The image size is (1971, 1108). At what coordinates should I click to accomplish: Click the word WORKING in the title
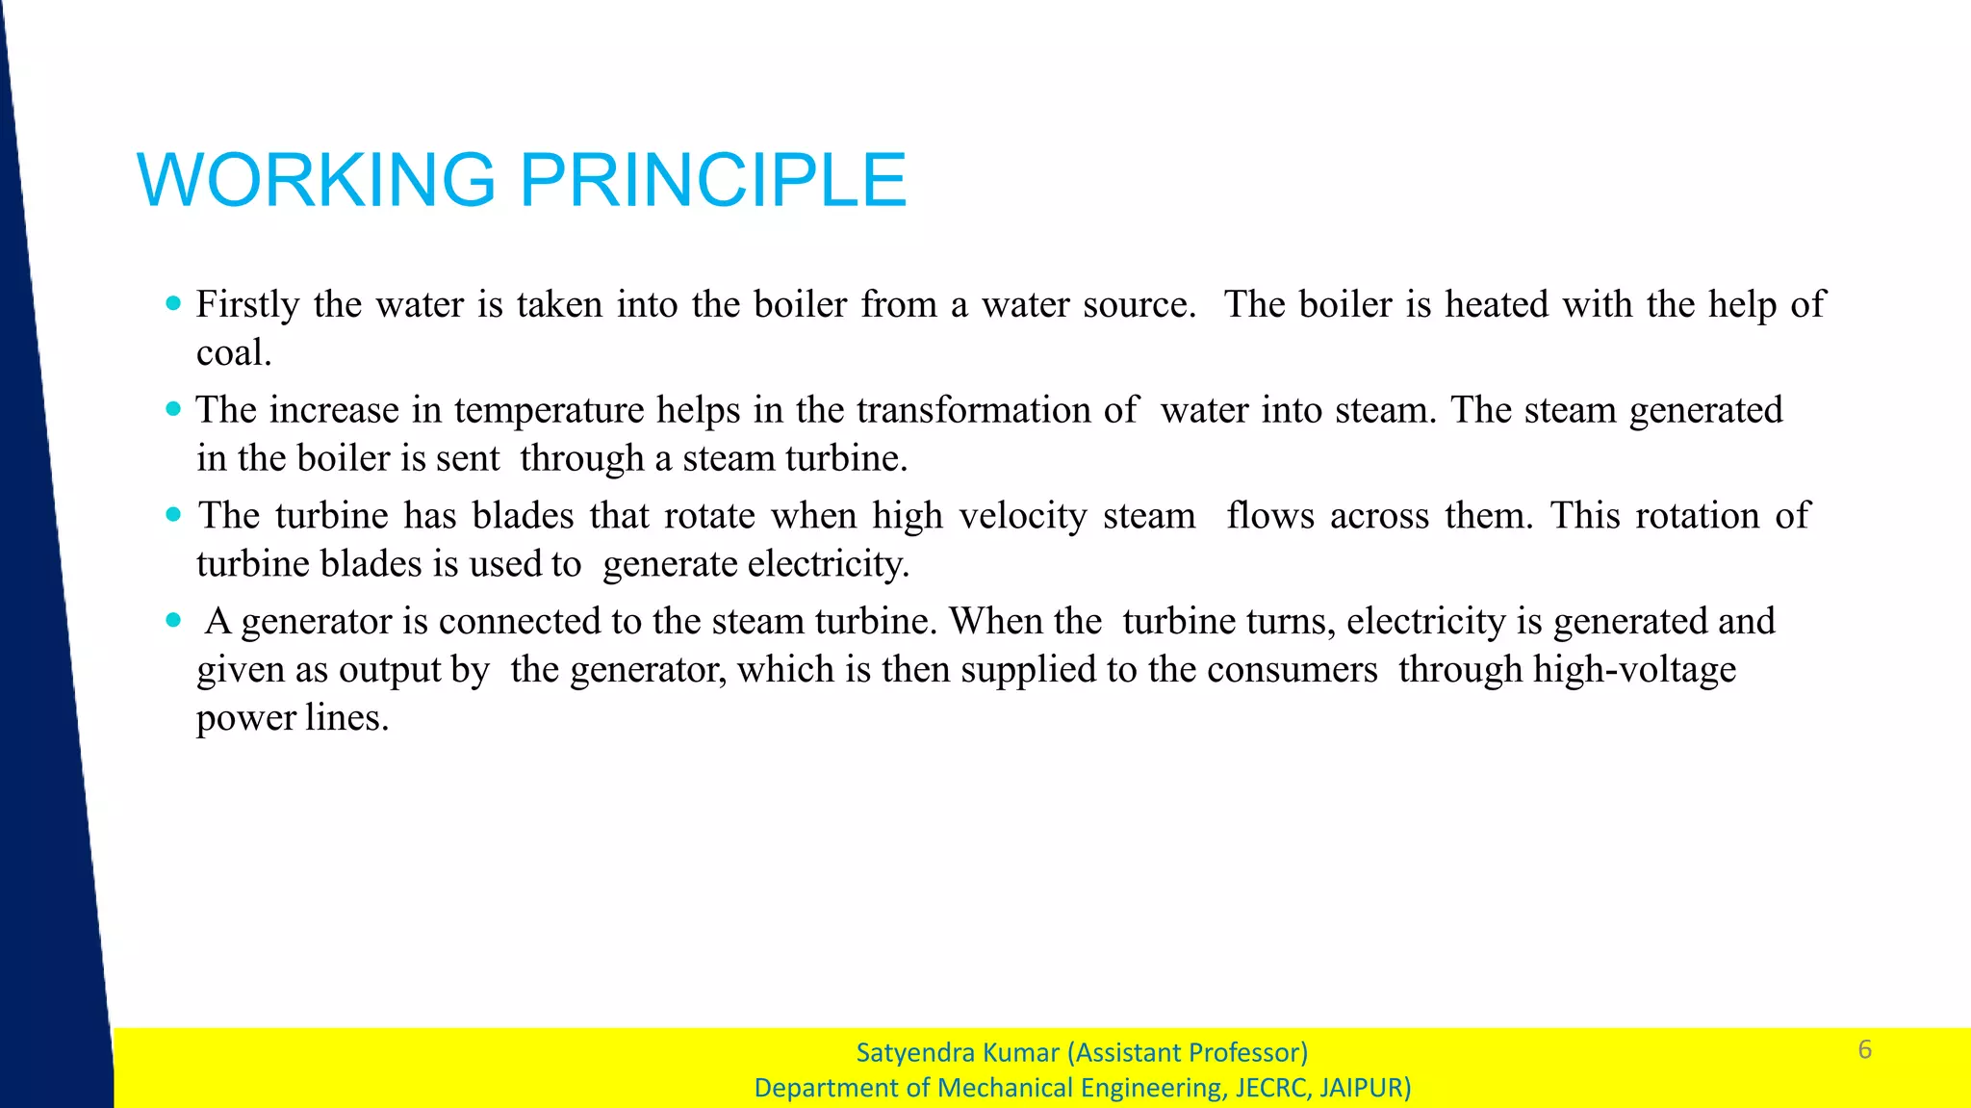coord(317,180)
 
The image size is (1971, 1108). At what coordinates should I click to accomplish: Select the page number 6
coord(1864,1049)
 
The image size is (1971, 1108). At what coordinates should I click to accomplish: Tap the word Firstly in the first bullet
coord(247,305)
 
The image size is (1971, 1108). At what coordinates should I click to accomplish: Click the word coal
coord(233,353)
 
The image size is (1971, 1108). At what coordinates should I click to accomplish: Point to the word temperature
coord(549,411)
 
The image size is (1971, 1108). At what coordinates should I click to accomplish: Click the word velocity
coord(1023,517)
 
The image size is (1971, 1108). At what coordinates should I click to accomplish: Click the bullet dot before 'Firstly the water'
coord(173,303)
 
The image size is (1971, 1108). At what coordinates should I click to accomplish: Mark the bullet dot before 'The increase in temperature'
coord(173,409)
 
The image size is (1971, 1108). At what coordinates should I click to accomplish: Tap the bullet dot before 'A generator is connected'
coord(173,620)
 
